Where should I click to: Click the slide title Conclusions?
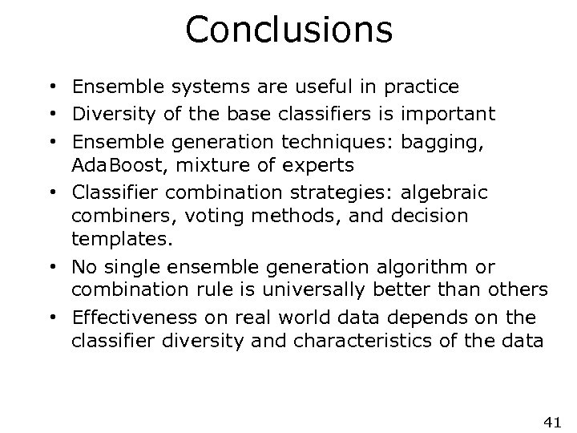[288, 30]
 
